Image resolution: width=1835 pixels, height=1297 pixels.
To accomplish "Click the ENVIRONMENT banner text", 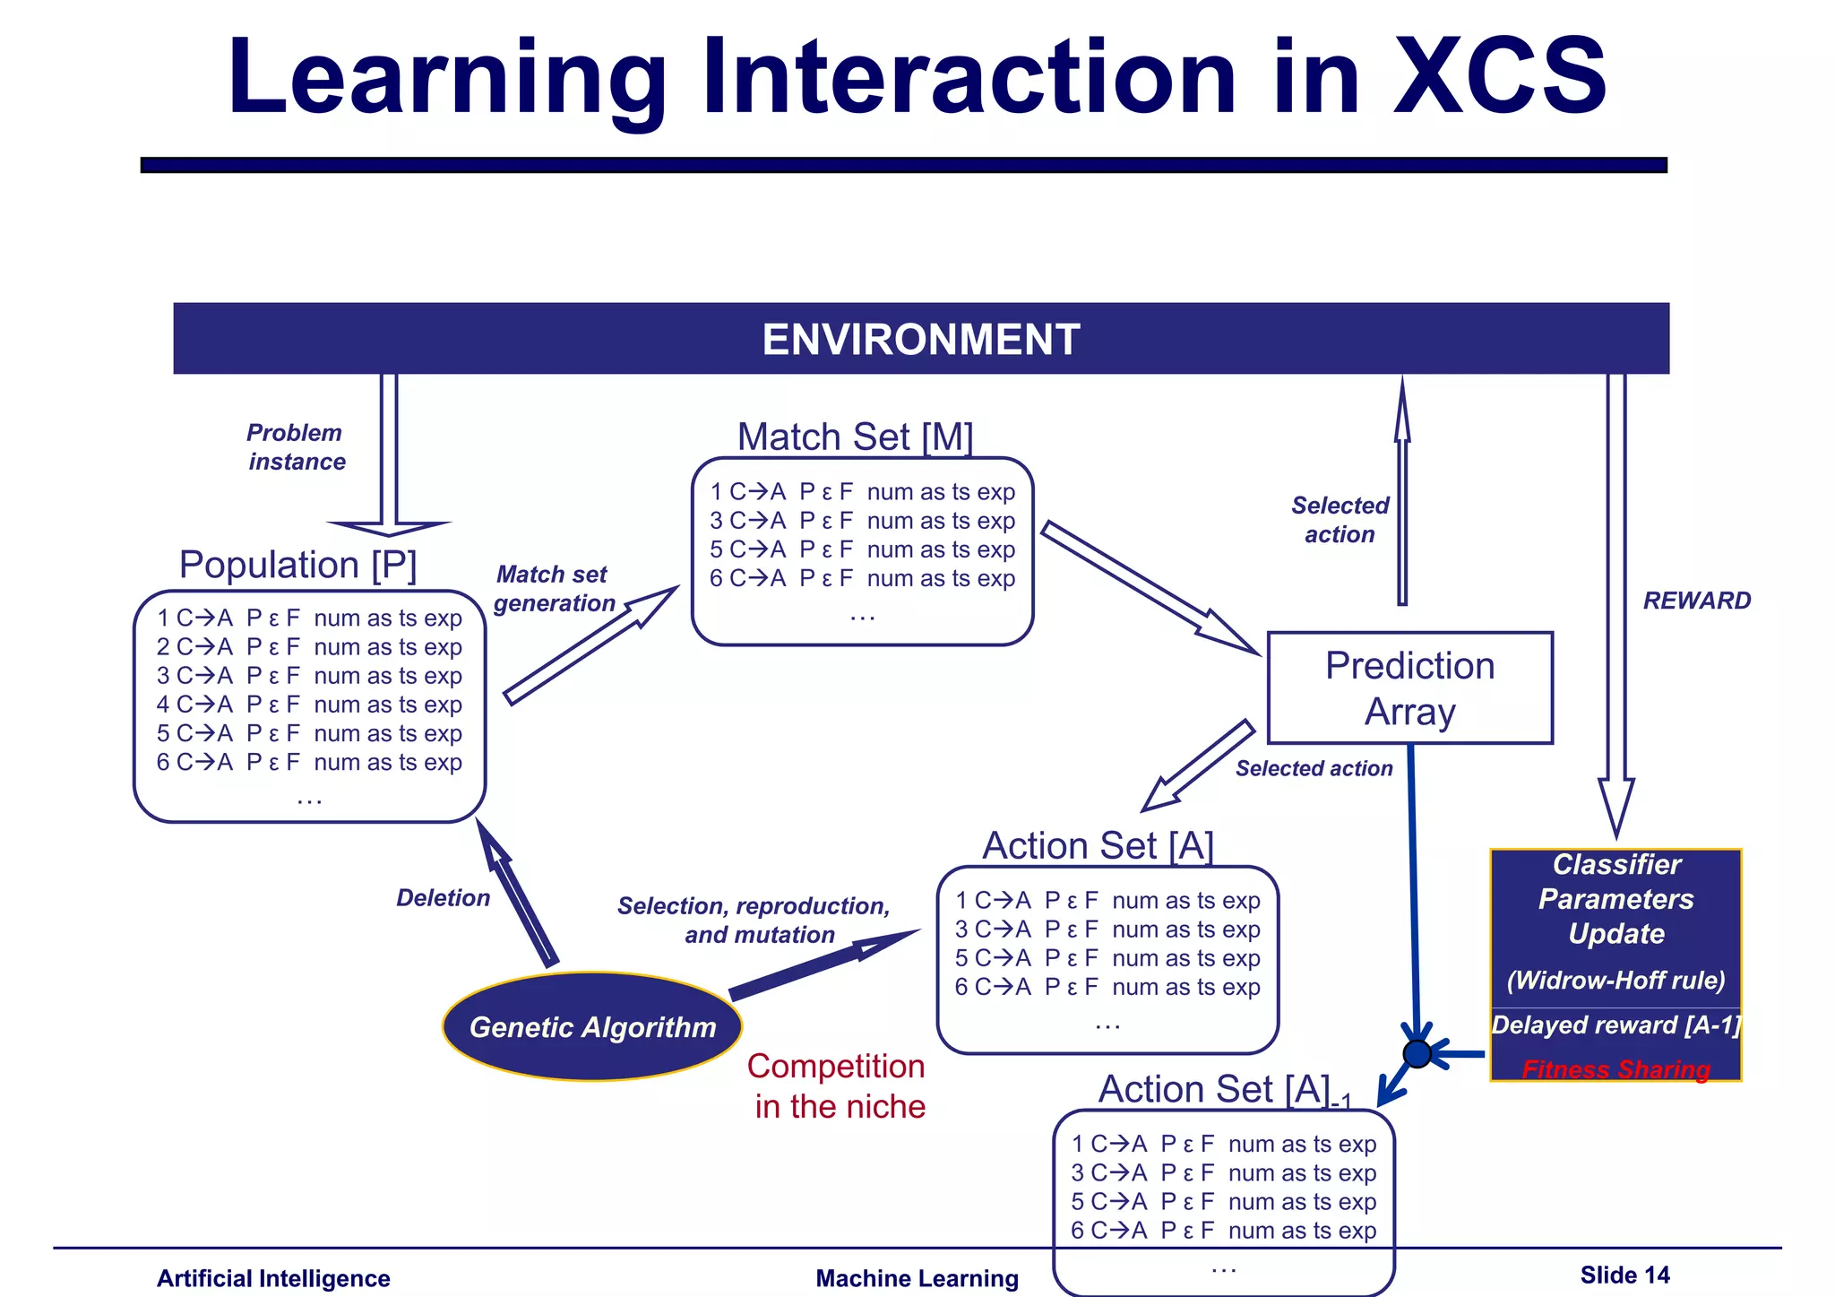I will coord(920,340).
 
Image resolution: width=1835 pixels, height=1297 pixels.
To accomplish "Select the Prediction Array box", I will coord(1409,687).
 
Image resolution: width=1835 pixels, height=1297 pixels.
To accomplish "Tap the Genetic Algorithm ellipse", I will coord(592,1026).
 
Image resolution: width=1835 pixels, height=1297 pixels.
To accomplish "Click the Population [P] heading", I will coord(297,565).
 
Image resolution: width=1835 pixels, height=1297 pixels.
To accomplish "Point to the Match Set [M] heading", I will coord(855,437).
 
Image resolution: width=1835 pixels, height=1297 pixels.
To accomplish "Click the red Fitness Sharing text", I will coord(1615,1068).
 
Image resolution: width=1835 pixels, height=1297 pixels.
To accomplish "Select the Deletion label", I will coord(443,898).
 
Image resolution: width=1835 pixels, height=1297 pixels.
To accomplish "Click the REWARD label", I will coord(1696,601).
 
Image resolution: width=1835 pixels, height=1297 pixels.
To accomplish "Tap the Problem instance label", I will coord(296,447).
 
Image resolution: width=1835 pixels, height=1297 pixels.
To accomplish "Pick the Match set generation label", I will coord(554,589).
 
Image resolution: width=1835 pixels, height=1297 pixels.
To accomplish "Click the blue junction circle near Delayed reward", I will coord(1417,1053).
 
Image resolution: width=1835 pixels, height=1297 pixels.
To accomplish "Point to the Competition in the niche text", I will coord(838,1085).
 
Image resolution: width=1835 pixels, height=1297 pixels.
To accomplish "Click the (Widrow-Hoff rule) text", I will coord(1615,980).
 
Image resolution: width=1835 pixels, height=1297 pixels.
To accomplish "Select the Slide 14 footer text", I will coord(1624,1275).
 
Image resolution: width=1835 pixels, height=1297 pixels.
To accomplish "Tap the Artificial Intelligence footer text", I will coord(273,1278).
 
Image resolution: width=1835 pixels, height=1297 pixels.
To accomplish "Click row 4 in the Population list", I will coord(309,705).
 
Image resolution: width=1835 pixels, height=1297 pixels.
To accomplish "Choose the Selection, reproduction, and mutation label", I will coord(754,920).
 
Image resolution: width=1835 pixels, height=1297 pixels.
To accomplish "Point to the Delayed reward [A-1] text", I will coord(1615,1025).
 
